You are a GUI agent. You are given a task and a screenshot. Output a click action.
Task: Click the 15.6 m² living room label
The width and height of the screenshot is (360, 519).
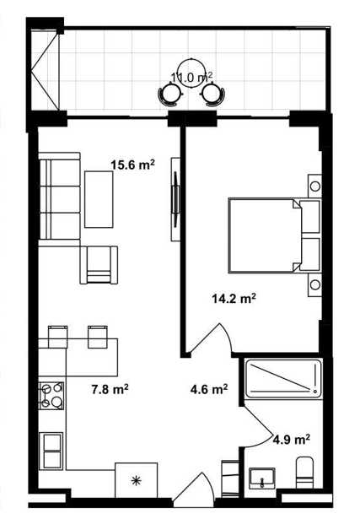[x=133, y=165]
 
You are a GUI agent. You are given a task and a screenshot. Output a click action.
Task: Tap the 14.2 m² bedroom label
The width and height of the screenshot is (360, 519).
[x=234, y=299]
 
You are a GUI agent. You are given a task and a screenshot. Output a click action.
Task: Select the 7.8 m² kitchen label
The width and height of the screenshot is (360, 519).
[x=110, y=389]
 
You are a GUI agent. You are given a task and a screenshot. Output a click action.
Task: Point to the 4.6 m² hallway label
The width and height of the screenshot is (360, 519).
[x=209, y=389]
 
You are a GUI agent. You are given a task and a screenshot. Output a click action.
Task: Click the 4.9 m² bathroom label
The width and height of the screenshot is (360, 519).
[x=291, y=440]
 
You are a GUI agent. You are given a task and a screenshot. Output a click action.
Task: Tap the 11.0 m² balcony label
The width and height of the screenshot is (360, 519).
[x=191, y=78]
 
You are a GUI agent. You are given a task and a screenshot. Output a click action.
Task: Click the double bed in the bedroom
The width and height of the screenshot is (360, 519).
[x=274, y=235]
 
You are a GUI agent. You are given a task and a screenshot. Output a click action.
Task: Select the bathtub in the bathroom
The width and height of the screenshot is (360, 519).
[x=283, y=378]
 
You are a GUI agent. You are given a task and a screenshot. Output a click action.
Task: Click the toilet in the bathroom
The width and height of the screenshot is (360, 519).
[x=304, y=473]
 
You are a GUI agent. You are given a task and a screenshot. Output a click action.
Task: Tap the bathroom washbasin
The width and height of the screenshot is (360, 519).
[x=262, y=478]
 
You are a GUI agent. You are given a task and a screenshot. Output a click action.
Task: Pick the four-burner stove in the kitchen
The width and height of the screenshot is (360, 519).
[x=51, y=396]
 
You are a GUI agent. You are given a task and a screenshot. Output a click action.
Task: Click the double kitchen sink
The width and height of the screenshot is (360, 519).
[x=51, y=451]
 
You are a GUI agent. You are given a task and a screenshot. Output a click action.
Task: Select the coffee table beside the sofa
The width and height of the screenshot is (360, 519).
[x=99, y=199]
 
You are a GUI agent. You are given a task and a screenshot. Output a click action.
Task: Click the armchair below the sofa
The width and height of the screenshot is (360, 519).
[x=99, y=265]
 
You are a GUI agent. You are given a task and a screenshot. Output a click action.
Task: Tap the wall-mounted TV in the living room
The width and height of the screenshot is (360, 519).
[x=176, y=199]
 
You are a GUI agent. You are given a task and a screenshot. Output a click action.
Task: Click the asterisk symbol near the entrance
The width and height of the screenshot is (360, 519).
[x=135, y=481]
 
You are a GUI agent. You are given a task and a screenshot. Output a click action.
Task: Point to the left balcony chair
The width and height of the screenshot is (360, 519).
[x=170, y=95]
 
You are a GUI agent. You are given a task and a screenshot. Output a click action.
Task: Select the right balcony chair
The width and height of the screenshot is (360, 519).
[x=213, y=95]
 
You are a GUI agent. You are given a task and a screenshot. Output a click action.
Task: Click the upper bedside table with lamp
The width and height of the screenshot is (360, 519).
[x=314, y=186]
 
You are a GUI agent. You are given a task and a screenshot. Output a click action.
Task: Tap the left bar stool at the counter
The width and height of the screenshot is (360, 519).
[x=58, y=337]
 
